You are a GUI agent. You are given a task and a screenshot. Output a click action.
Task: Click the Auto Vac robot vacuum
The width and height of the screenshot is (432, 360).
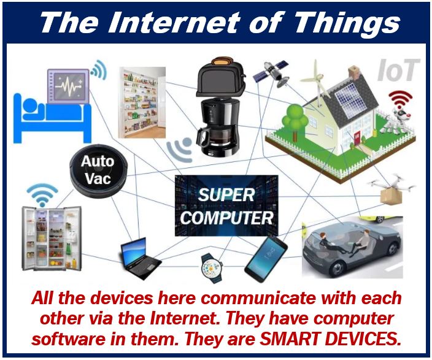(98, 171)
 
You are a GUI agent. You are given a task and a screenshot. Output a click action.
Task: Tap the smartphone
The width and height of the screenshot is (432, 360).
(266, 259)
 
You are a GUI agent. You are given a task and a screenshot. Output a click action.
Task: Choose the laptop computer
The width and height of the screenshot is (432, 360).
(140, 258)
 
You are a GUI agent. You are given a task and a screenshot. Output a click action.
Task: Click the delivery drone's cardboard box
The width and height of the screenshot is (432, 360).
(391, 196)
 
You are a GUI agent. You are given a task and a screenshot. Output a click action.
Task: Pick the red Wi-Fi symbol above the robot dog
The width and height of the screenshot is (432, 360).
(400, 100)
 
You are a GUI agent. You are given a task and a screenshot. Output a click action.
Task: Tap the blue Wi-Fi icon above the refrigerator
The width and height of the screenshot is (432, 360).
(42, 195)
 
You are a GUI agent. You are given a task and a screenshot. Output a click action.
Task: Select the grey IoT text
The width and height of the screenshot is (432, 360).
(398, 71)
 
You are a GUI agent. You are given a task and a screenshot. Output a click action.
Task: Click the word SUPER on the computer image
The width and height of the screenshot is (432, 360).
(226, 194)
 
